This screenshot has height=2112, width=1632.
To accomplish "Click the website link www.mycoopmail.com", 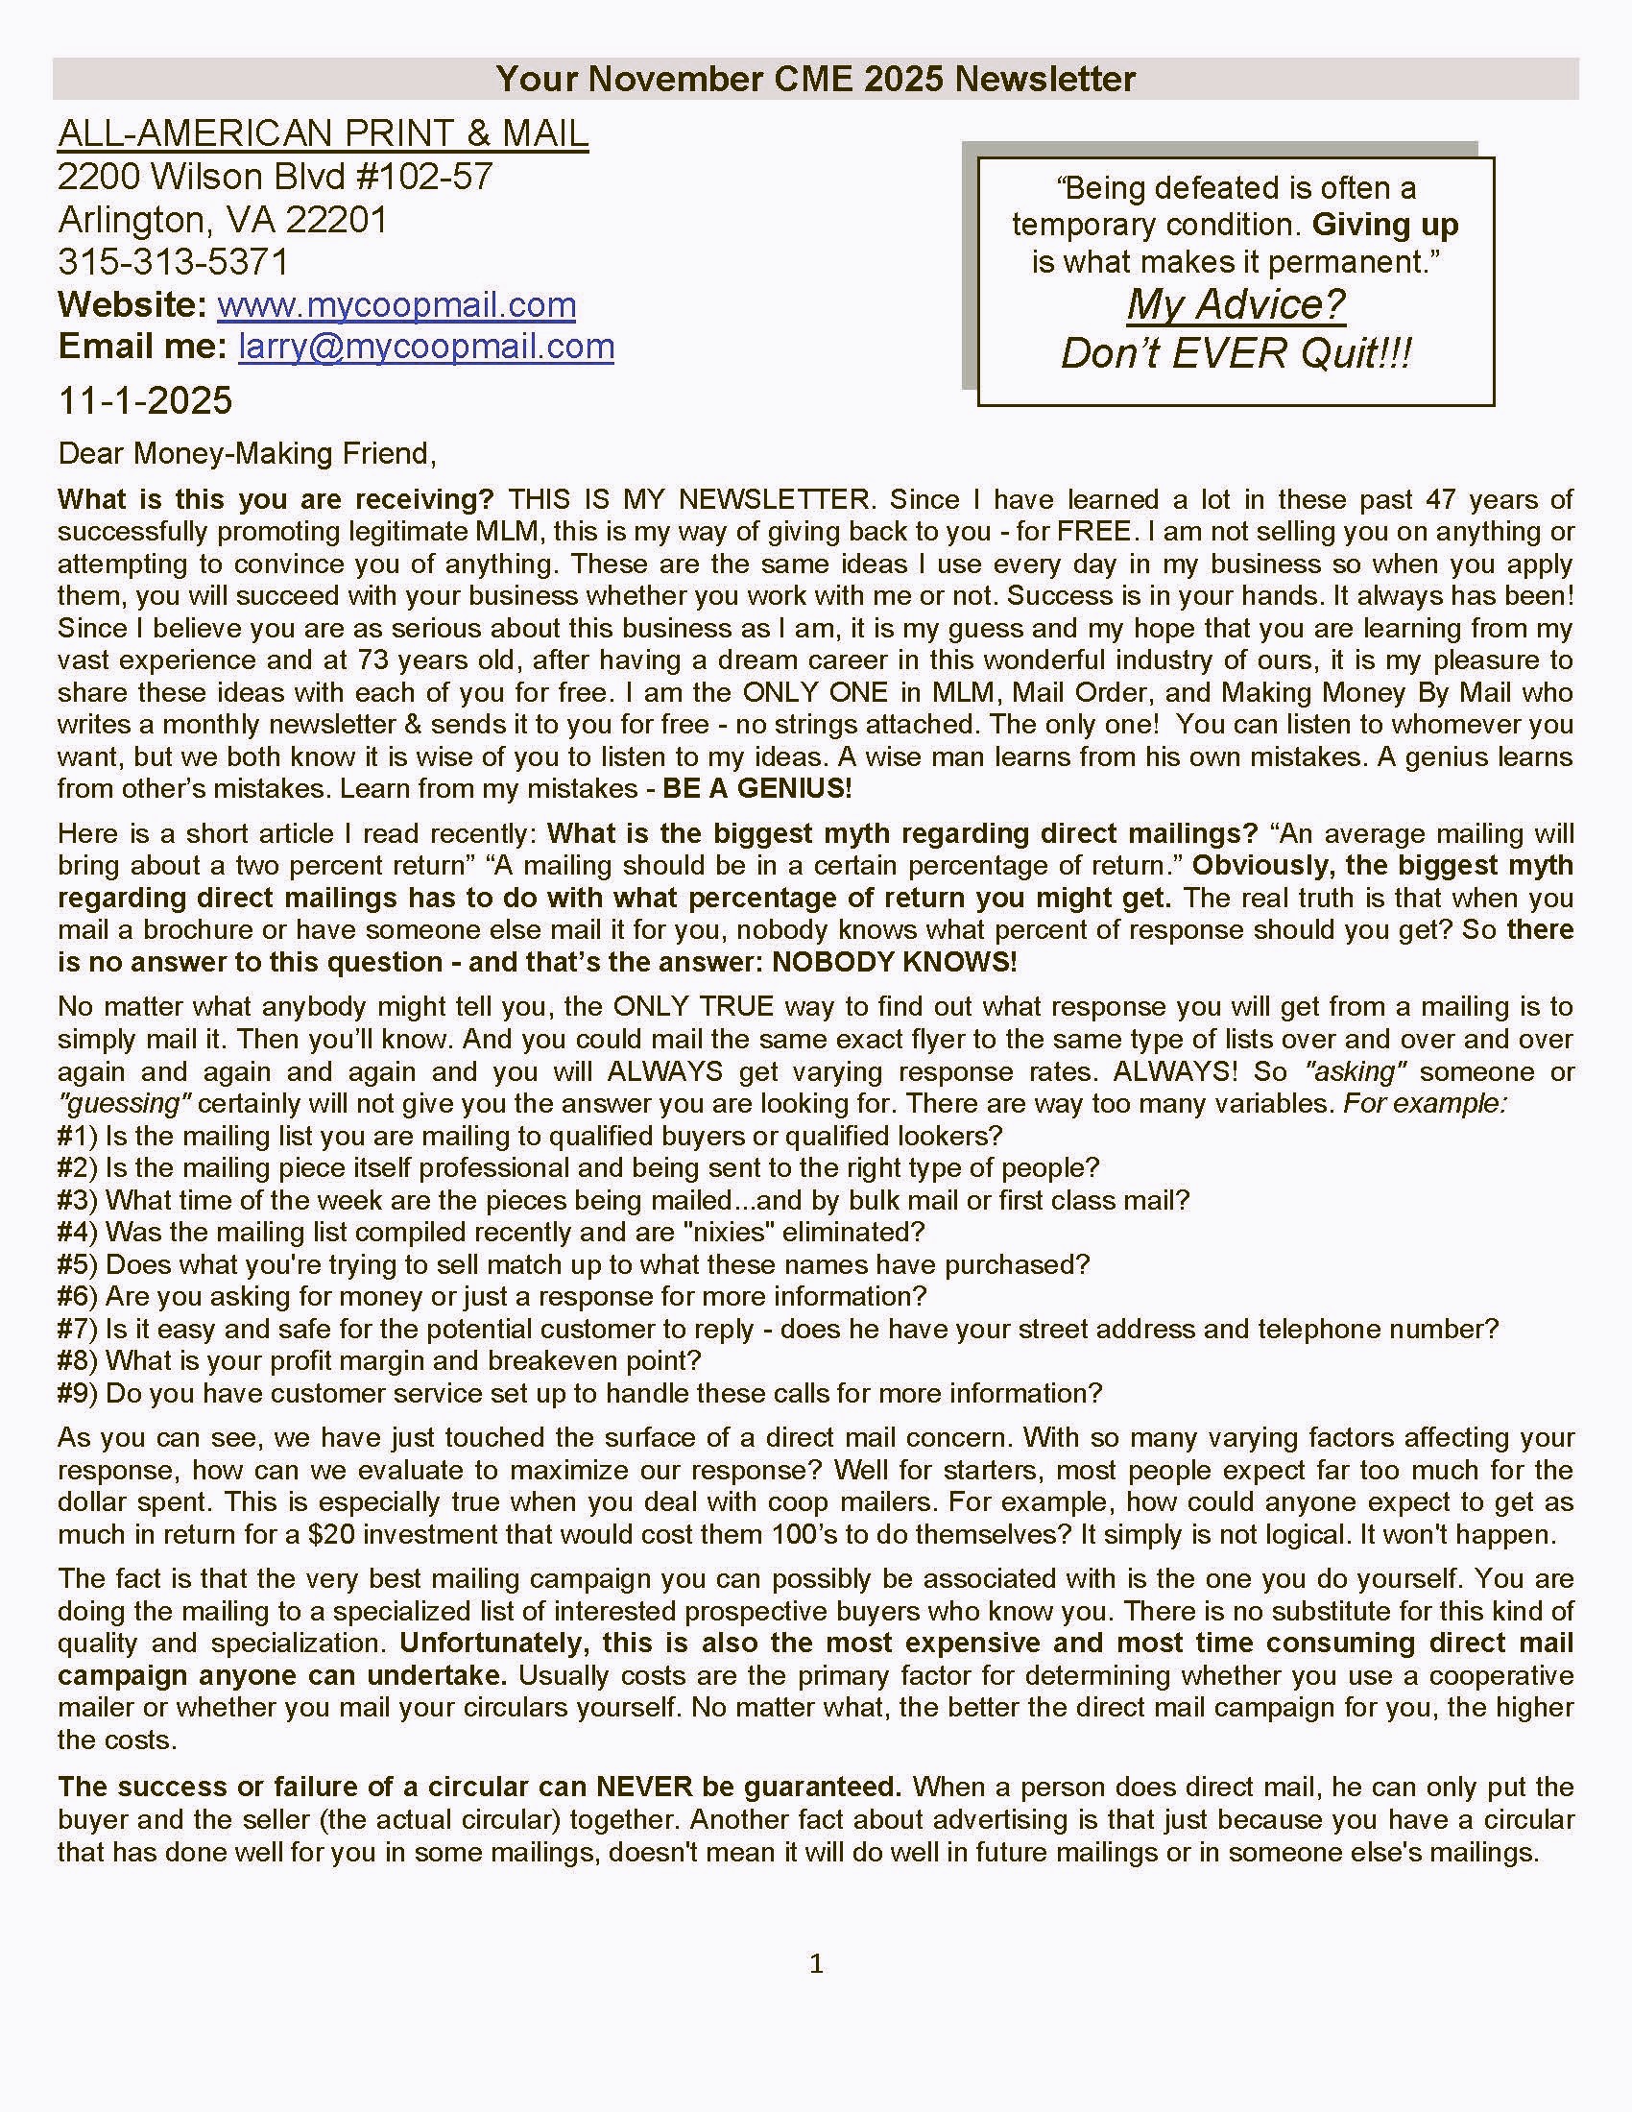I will pyautogui.click(x=396, y=304).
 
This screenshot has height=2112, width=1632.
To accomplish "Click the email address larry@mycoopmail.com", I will pyautogui.click(x=426, y=347).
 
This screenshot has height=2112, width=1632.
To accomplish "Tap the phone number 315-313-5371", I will pyautogui.click(x=173, y=262).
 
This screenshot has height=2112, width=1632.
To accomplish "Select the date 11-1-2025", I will pyautogui.click(x=145, y=400).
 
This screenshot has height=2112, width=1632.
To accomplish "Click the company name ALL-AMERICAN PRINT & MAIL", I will pyautogui.click(x=323, y=133).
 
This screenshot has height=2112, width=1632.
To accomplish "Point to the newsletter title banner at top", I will pyautogui.click(x=815, y=79).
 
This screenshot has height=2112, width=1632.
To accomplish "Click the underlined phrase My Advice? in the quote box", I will pyautogui.click(x=1236, y=304).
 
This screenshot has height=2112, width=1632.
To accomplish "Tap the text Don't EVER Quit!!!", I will pyautogui.click(x=1236, y=353).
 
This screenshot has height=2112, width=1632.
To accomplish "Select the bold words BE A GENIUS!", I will pyautogui.click(x=757, y=788).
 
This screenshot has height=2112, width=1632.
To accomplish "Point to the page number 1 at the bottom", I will pyautogui.click(x=816, y=1964).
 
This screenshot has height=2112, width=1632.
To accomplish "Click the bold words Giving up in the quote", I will pyautogui.click(x=1384, y=225).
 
